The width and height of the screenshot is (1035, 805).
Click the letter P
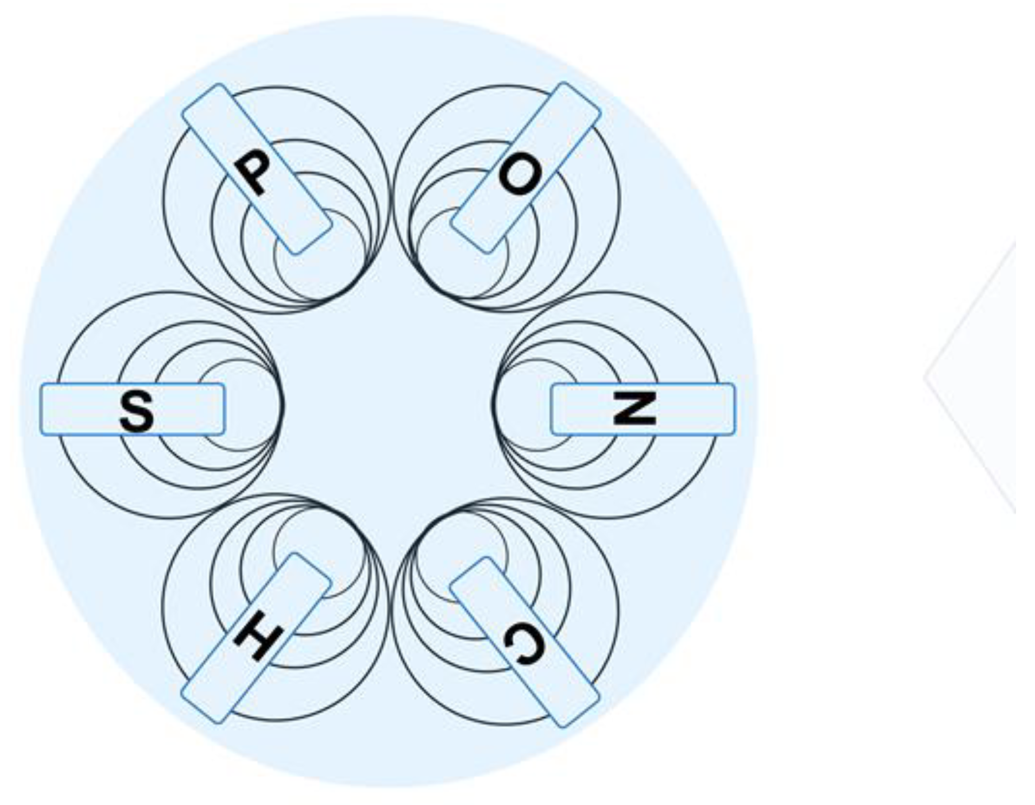[252, 171]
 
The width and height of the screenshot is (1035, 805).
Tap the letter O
[520, 174]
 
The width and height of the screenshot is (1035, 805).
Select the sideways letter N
[634, 408]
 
